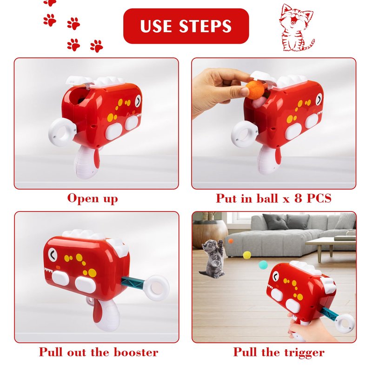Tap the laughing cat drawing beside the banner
point(297,27)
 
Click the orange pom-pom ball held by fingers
point(255,90)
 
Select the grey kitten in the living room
point(212,259)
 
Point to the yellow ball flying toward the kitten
point(247,255)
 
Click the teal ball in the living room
point(263,265)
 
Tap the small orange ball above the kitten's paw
point(231,241)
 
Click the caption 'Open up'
point(93,199)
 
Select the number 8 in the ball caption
point(298,198)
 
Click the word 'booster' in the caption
point(136,352)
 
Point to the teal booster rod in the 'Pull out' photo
point(133,282)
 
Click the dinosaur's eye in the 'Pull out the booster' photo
point(53,255)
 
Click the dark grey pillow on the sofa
point(275,222)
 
